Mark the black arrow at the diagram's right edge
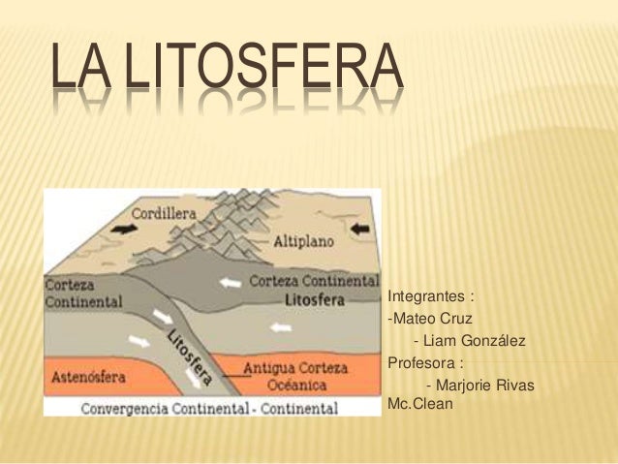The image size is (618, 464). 361,229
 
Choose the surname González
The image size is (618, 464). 493,341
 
